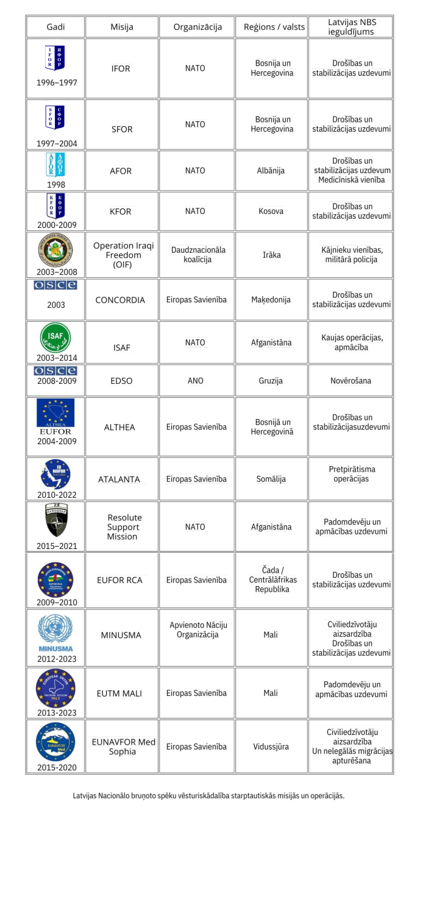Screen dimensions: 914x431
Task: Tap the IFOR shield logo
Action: coord(55,58)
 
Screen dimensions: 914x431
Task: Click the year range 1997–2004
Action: coord(57,144)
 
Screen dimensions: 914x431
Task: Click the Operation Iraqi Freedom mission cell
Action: coord(123,255)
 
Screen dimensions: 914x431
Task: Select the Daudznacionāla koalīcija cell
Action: coord(198,255)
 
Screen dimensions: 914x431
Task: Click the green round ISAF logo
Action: coord(55,336)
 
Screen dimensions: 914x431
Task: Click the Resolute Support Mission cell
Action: coord(122,527)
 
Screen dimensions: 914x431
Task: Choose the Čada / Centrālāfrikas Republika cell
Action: coord(272,580)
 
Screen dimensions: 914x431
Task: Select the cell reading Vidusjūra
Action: coord(272,746)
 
